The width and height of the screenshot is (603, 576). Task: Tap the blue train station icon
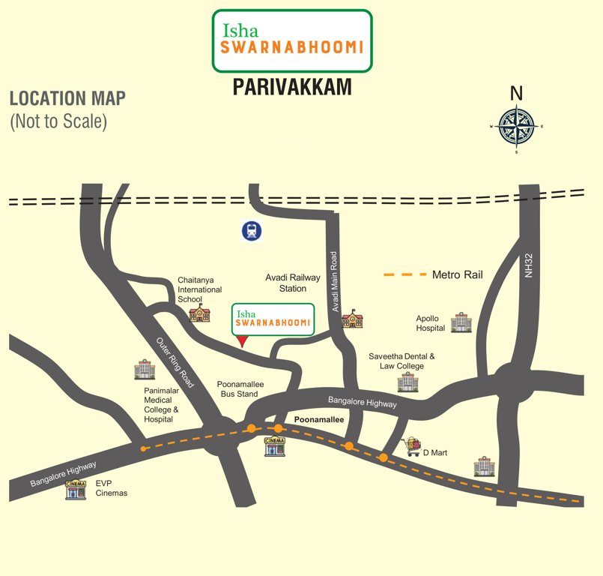pos(252,231)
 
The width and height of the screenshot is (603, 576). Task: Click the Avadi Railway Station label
pos(292,283)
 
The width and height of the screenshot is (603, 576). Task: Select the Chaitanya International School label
pos(199,289)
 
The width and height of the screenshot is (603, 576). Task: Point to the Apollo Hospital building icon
pos(458,323)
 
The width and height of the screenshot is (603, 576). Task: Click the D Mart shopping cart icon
pos(411,448)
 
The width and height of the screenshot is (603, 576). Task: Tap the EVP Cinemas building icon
pos(76,490)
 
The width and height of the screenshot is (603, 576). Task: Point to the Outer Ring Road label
pos(175,362)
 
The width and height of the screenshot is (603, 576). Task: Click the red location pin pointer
pos(241,340)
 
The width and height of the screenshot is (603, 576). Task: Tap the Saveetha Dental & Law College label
pos(402,361)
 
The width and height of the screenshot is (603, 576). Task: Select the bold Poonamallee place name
pos(318,420)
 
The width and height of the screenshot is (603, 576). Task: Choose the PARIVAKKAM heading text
pos(291,88)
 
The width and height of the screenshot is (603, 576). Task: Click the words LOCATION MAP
pos(67,98)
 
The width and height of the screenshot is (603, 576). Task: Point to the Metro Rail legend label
pos(458,275)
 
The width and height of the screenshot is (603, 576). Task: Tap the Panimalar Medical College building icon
pos(144,369)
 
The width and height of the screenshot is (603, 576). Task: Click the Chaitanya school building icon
pos(199,314)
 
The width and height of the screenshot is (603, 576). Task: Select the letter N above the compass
pos(516,93)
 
